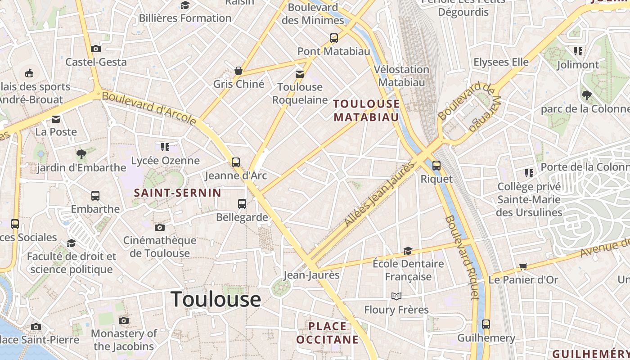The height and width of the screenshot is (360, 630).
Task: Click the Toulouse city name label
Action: [x=216, y=299]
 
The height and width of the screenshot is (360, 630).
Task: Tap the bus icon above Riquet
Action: [x=436, y=165]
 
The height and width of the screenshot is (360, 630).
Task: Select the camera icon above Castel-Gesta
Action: [x=95, y=49]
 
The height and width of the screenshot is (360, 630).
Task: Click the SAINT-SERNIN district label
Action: [x=178, y=193]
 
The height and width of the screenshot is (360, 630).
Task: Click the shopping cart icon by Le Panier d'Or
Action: [x=523, y=266]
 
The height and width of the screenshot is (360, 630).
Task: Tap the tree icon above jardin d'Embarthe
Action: [x=81, y=154]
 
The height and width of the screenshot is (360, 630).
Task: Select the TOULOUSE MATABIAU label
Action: [x=366, y=111]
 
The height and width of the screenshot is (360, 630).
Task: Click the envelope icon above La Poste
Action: [x=56, y=119]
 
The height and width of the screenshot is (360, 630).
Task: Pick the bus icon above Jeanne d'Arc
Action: [x=236, y=162]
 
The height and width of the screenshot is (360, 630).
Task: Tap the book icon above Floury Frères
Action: [x=396, y=296]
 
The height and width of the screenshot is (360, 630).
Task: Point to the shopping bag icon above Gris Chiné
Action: [x=238, y=71]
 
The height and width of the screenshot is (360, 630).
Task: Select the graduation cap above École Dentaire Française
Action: [x=408, y=251]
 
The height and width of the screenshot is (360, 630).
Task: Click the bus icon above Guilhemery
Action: [x=486, y=324]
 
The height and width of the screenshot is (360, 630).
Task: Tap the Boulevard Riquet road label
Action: [x=462, y=257]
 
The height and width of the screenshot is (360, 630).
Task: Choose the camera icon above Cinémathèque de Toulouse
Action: [x=159, y=227]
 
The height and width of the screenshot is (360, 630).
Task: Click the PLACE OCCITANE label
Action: [x=328, y=333]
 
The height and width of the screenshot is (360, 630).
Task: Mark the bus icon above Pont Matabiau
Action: [x=333, y=38]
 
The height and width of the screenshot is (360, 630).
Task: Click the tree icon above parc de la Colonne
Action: [x=586, y=95]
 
